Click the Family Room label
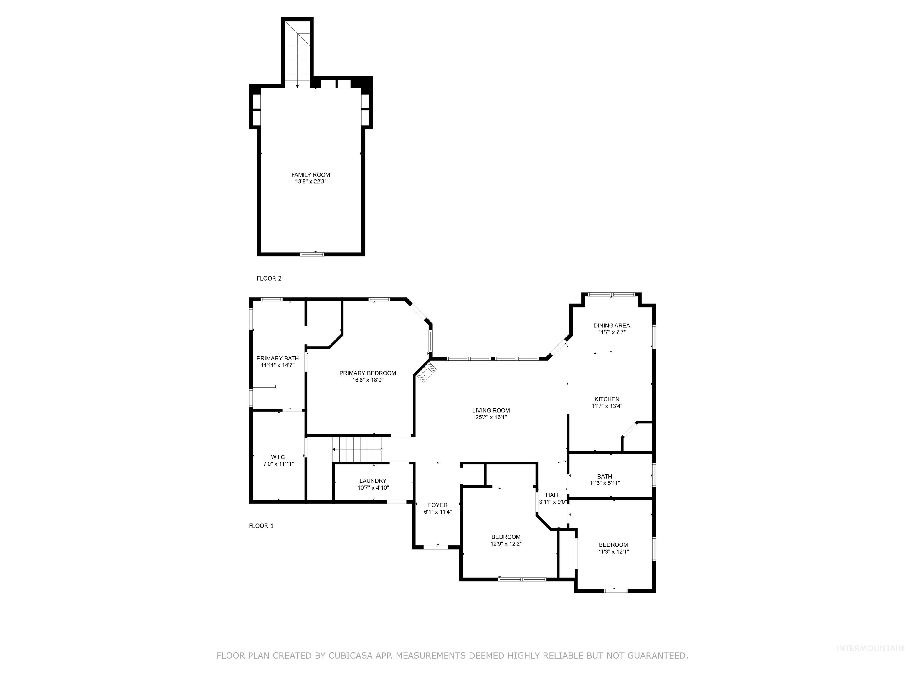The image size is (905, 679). coord(311,175)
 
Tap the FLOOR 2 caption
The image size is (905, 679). coord(269,278)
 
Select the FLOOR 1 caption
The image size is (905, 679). coord(261,525)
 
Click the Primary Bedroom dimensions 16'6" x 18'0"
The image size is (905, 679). coord(367,380)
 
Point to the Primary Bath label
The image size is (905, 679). coord(278,358)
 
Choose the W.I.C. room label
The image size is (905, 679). coord(278,457)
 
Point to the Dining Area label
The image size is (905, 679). coord(612,325)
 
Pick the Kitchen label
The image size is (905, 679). coord(607,399)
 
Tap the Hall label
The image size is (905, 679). coord(553,495)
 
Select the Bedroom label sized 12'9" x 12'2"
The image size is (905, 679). coord(506,537)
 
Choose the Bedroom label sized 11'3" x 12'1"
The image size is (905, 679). coord(613,544)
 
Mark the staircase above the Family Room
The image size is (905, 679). coord(297,57)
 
